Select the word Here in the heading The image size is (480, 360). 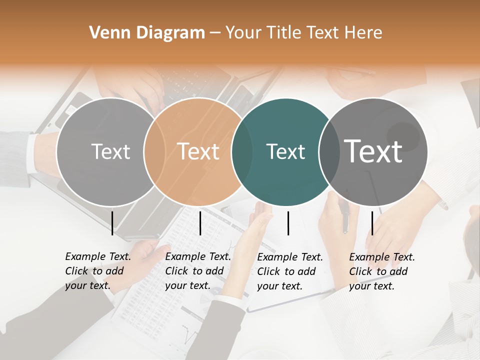pos(364,33)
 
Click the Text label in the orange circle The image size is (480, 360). pos(198,151)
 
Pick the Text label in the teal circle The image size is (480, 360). pos(285,151)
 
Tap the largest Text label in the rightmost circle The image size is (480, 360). pos(373,151)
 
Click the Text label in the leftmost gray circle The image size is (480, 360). pos(111,151)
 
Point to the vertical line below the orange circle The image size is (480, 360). pos(200,223)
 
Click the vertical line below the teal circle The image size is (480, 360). pos(288,223)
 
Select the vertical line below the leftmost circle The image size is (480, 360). pos(112,223)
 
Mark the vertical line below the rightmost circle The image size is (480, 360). pos(372,223)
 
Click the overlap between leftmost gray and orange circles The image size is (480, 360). pos(154,151)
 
